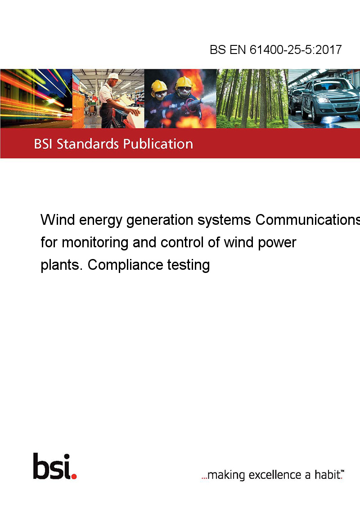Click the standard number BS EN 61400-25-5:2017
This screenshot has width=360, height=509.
(x=275, y=49)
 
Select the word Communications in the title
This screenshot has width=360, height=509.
(x=308, y=220)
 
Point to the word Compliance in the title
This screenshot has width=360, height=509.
(x=125, y=265)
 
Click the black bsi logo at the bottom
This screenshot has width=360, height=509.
(x=52, y=466)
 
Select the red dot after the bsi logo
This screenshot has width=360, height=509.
(x=74, y=476)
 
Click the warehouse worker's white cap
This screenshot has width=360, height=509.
(x=114, y=76)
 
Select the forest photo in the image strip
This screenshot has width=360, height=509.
(x=252, y=98)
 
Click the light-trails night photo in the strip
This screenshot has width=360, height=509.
(x=36, y=98)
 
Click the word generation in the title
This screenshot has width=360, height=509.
(x=160, y=220)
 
